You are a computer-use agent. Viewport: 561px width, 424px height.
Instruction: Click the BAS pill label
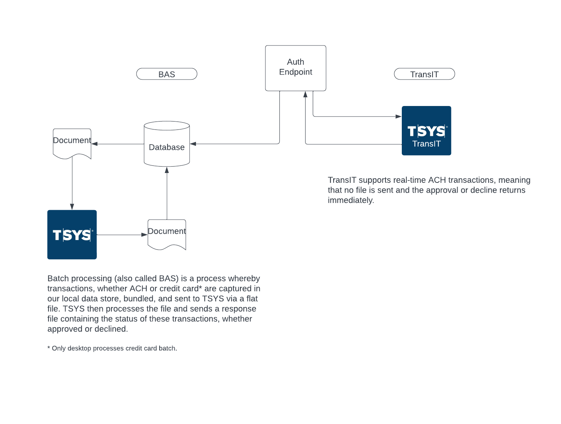pyautogui.click(x=167, y=74)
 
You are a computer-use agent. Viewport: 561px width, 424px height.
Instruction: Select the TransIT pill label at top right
pyautogui.click(x=424, y=74)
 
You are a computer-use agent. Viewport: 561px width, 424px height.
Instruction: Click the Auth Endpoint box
pyautogui.click(x=295, y=68)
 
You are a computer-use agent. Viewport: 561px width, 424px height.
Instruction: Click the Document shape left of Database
pyautogui.click(x=72, y=143)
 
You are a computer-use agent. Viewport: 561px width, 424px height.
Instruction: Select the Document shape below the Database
pyautogui.click(x=167, y=234)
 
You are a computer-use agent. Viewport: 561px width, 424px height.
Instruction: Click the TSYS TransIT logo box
pyautogui.click(x=426, y=131)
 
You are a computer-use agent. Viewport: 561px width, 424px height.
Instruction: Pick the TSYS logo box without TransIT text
pyautogui.click(x=72, y=235)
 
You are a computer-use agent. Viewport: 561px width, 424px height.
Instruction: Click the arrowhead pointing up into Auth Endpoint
pyautogui.click(x=306, y=94)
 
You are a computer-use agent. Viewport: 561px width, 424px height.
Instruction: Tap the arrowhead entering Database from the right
pyautogui.click(x=193, y=144)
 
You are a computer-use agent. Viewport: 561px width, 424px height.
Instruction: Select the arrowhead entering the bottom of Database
pyautogui.click(x=167, y=170)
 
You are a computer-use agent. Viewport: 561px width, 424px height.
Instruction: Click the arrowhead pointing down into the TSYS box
pyautogui.click(x=72, y=207)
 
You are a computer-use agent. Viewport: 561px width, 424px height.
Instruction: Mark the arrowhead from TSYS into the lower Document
pyautogui.click(x=144, y=235)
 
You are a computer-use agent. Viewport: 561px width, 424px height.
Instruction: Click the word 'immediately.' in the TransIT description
pyautogui.click(x=351, y=200)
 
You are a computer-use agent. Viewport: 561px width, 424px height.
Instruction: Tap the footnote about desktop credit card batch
pyautogui.click(x=112, y=348)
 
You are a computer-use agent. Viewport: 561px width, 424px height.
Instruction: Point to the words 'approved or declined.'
pyautogui.click(x=88, y=329)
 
